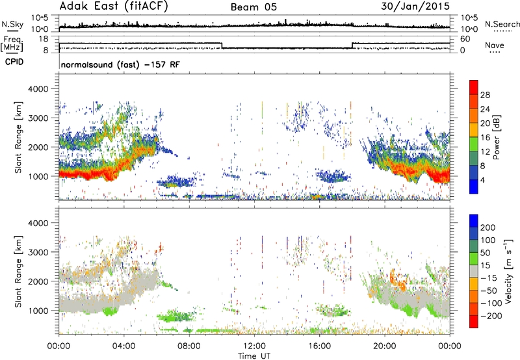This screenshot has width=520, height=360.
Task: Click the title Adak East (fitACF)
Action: pyautogui.click(x=113, y=6)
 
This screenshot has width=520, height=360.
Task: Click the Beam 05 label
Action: pyautogui.click(x=253, y=7)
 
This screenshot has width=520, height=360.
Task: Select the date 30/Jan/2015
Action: pyautogui.click(x=415, y=6)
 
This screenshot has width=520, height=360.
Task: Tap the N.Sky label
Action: pyautogui.click(x=12, y=24)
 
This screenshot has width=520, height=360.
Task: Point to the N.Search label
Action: pyautogui.click(x=502, y=24)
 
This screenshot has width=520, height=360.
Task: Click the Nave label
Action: pyautogui.click(x=495, y=45)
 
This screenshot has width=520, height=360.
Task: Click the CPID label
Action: pyautogui.click(x=14, y=62)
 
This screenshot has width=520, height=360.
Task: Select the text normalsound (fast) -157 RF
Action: pyautogui.click(x=120, y=64)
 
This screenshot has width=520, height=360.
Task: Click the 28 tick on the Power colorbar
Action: pyautogui.click(x=485, y=95)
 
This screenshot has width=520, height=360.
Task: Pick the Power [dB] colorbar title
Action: pyautogui.click(x=496, y=137)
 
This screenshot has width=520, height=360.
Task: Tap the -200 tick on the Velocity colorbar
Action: pyautogui.click(x=491, y=316)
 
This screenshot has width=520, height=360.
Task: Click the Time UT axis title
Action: pyautogui.click(x=254, y=355)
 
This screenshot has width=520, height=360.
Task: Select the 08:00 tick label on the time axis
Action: pyautogui.click(x=189, y=346)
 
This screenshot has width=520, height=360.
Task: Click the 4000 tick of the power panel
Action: pyautogui.click(x=38, y=89)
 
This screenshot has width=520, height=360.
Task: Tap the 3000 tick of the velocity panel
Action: pyautogui.click(x=38, y=252)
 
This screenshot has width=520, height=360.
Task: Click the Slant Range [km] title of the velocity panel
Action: pyautogui.click(x=18, y=272)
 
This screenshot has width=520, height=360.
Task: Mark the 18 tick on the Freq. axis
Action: pyautogui.click(x=44, y=39)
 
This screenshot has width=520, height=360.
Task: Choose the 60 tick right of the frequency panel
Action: pyautogui.click(x=465, y=39)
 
